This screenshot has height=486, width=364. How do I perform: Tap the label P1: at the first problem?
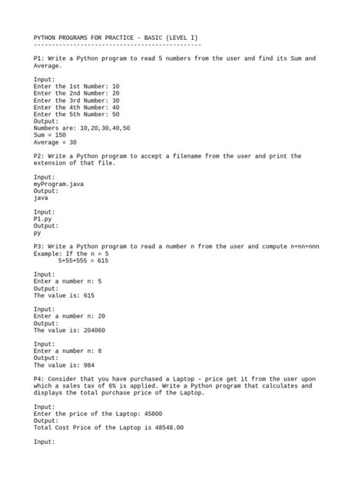(40, 58)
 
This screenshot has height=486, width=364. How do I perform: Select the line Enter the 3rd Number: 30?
(77, 100)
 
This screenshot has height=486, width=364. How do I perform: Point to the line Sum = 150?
(50, 135)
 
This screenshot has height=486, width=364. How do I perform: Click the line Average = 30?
(55, 142)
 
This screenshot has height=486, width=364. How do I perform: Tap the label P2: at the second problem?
(40, 156)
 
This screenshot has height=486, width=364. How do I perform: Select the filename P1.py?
(43, 219)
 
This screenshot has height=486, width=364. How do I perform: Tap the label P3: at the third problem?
(40, 247)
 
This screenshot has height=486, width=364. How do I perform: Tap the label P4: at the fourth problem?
(40, 379)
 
